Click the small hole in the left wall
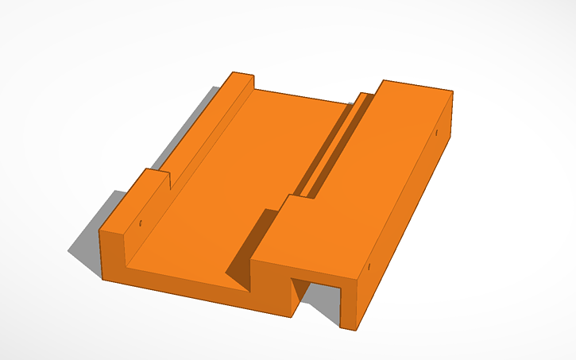[x=141, y=223]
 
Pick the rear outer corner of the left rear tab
[x=231, y=74]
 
